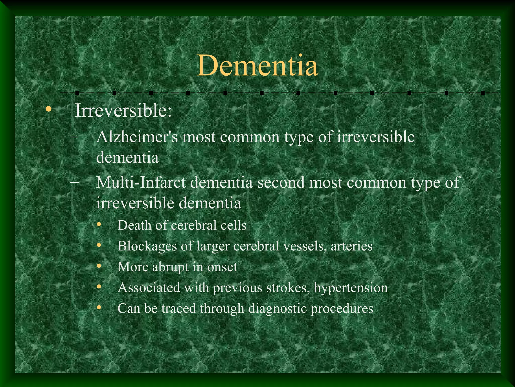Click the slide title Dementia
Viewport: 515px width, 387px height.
click(257, 66)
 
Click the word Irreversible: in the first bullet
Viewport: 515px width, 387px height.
click(123, 110)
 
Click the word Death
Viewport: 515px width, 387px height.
click(134, 225)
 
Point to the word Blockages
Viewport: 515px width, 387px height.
click(147, 246)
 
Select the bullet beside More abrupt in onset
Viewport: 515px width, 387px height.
click(99, 266)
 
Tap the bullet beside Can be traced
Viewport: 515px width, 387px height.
click(99, 307)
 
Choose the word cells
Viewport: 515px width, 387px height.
click(234, 225)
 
